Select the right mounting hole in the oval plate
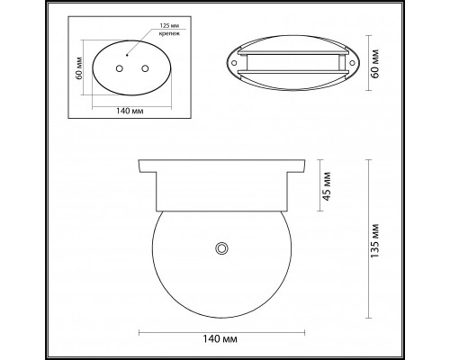coord(145,68)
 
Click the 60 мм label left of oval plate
coord(79,68)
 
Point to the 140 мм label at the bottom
coord(221,340)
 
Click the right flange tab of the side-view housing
coord(295,167)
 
